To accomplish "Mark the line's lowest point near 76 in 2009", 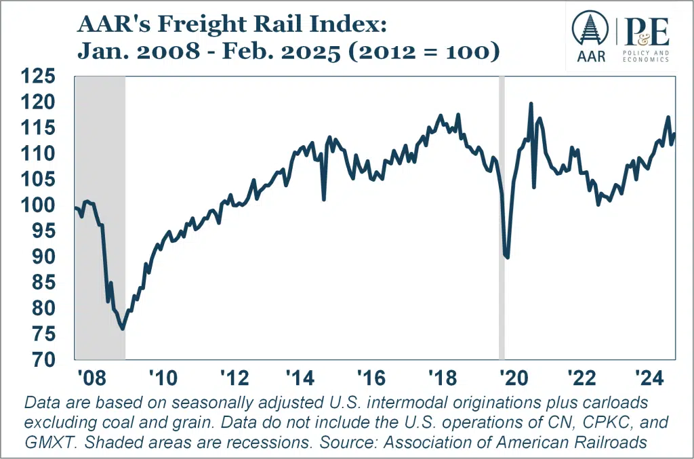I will (123, 329).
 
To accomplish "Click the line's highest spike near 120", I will (531, 104).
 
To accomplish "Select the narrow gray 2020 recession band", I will (502, 217).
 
